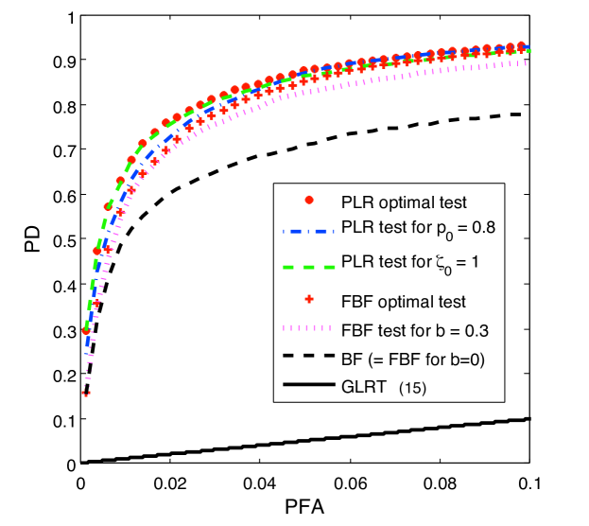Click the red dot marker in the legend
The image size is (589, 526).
[x=308, y=201]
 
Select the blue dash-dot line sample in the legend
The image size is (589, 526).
[x=308, y=228]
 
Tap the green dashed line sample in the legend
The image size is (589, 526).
[x=308, y=267]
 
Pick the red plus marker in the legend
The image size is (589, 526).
[x=308, y=301]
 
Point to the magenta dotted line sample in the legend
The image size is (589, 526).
[x=308, y=329]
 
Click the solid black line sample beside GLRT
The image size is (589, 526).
[x=308, y=385]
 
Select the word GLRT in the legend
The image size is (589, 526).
[x=362, y=386]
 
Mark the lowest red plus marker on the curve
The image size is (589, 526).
[x=86, y=394]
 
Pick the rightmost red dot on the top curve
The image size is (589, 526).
[x=521, y=45]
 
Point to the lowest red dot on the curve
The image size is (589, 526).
[x=86, y=330]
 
